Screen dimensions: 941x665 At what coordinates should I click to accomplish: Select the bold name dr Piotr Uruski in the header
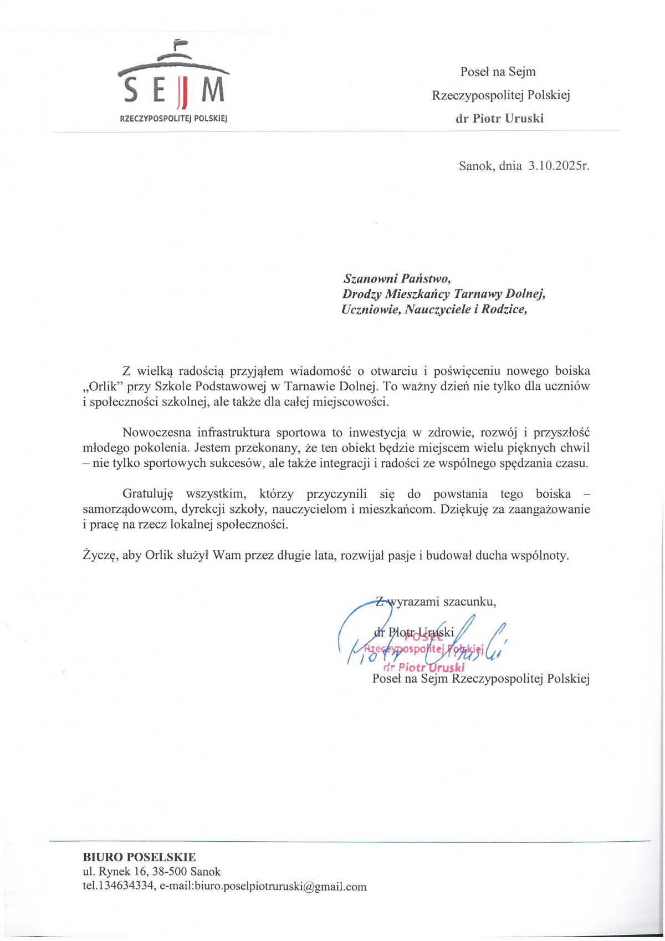click(x=499, y=118)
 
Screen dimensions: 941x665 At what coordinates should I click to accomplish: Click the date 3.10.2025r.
click(x=559, y=165)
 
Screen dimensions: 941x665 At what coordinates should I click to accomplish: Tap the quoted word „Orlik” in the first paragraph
click(x=103, y=386)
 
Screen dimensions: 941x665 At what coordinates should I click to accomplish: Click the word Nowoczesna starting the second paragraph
click(x=157, y=432)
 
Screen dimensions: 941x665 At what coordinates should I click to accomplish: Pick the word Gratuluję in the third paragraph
click(x=148, y=494)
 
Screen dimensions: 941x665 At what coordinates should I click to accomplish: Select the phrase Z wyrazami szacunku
click(x=436, y=601)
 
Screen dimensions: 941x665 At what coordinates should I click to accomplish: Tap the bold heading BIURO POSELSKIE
click(x=139, y=857)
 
